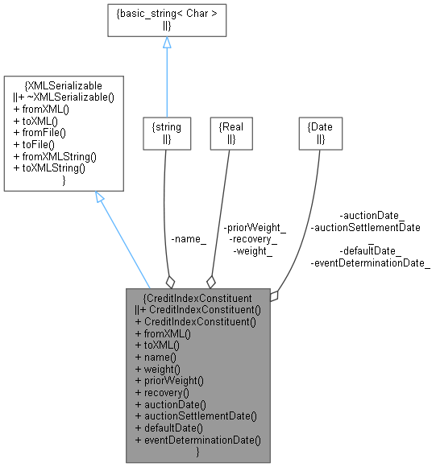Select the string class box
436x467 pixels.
tap(167, 133)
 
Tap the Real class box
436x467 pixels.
tap(231, 133)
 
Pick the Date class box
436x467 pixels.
tap(320, 133)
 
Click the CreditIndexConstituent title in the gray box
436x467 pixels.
tap(197, 297)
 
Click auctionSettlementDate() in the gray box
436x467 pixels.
tap(196, 416)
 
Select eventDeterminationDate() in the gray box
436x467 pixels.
tap(198, 440)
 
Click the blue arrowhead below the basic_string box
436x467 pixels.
tap(167, 43)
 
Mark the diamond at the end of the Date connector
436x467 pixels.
tap(275, 295)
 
